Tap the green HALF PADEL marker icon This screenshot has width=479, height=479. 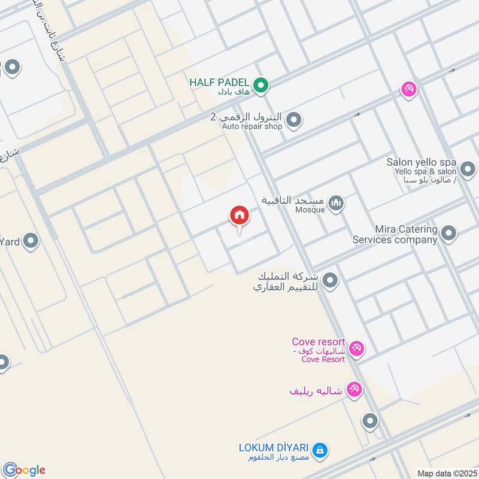pyautogui.click(x=260, y=86)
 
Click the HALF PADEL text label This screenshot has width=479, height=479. pyautogui.click(x=219, y=82)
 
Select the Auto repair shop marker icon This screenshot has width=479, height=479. pyautogui.click(x=293, y=121)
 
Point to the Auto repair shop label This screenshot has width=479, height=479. pyautogui.click(x=251, y=126)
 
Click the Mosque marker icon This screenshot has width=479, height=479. pyautogui.click(x=336, y=204)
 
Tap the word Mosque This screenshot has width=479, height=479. pyautogui.click(x=310, y=210)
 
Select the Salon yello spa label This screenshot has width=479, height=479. pyautogui.click(x=422, y=162)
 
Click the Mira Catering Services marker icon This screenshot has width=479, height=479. pyautogui.click(x=448, y=234)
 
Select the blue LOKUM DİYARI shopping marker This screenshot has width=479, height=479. pyautogui.click(x=320, y=449)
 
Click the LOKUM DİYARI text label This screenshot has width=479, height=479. pyautogui.click(x=273, y=448)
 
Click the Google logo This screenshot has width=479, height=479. pyautogui.click(x=23, y=469)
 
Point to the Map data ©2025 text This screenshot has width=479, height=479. pyautogui.click(x=446, y=473)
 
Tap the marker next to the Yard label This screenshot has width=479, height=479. pyautogui.click(x=31, y=241)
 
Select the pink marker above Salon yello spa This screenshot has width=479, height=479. pyautogui.click(x=409, y=89)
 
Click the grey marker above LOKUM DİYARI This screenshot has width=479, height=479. pyautogui.click(x=370, y=422)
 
